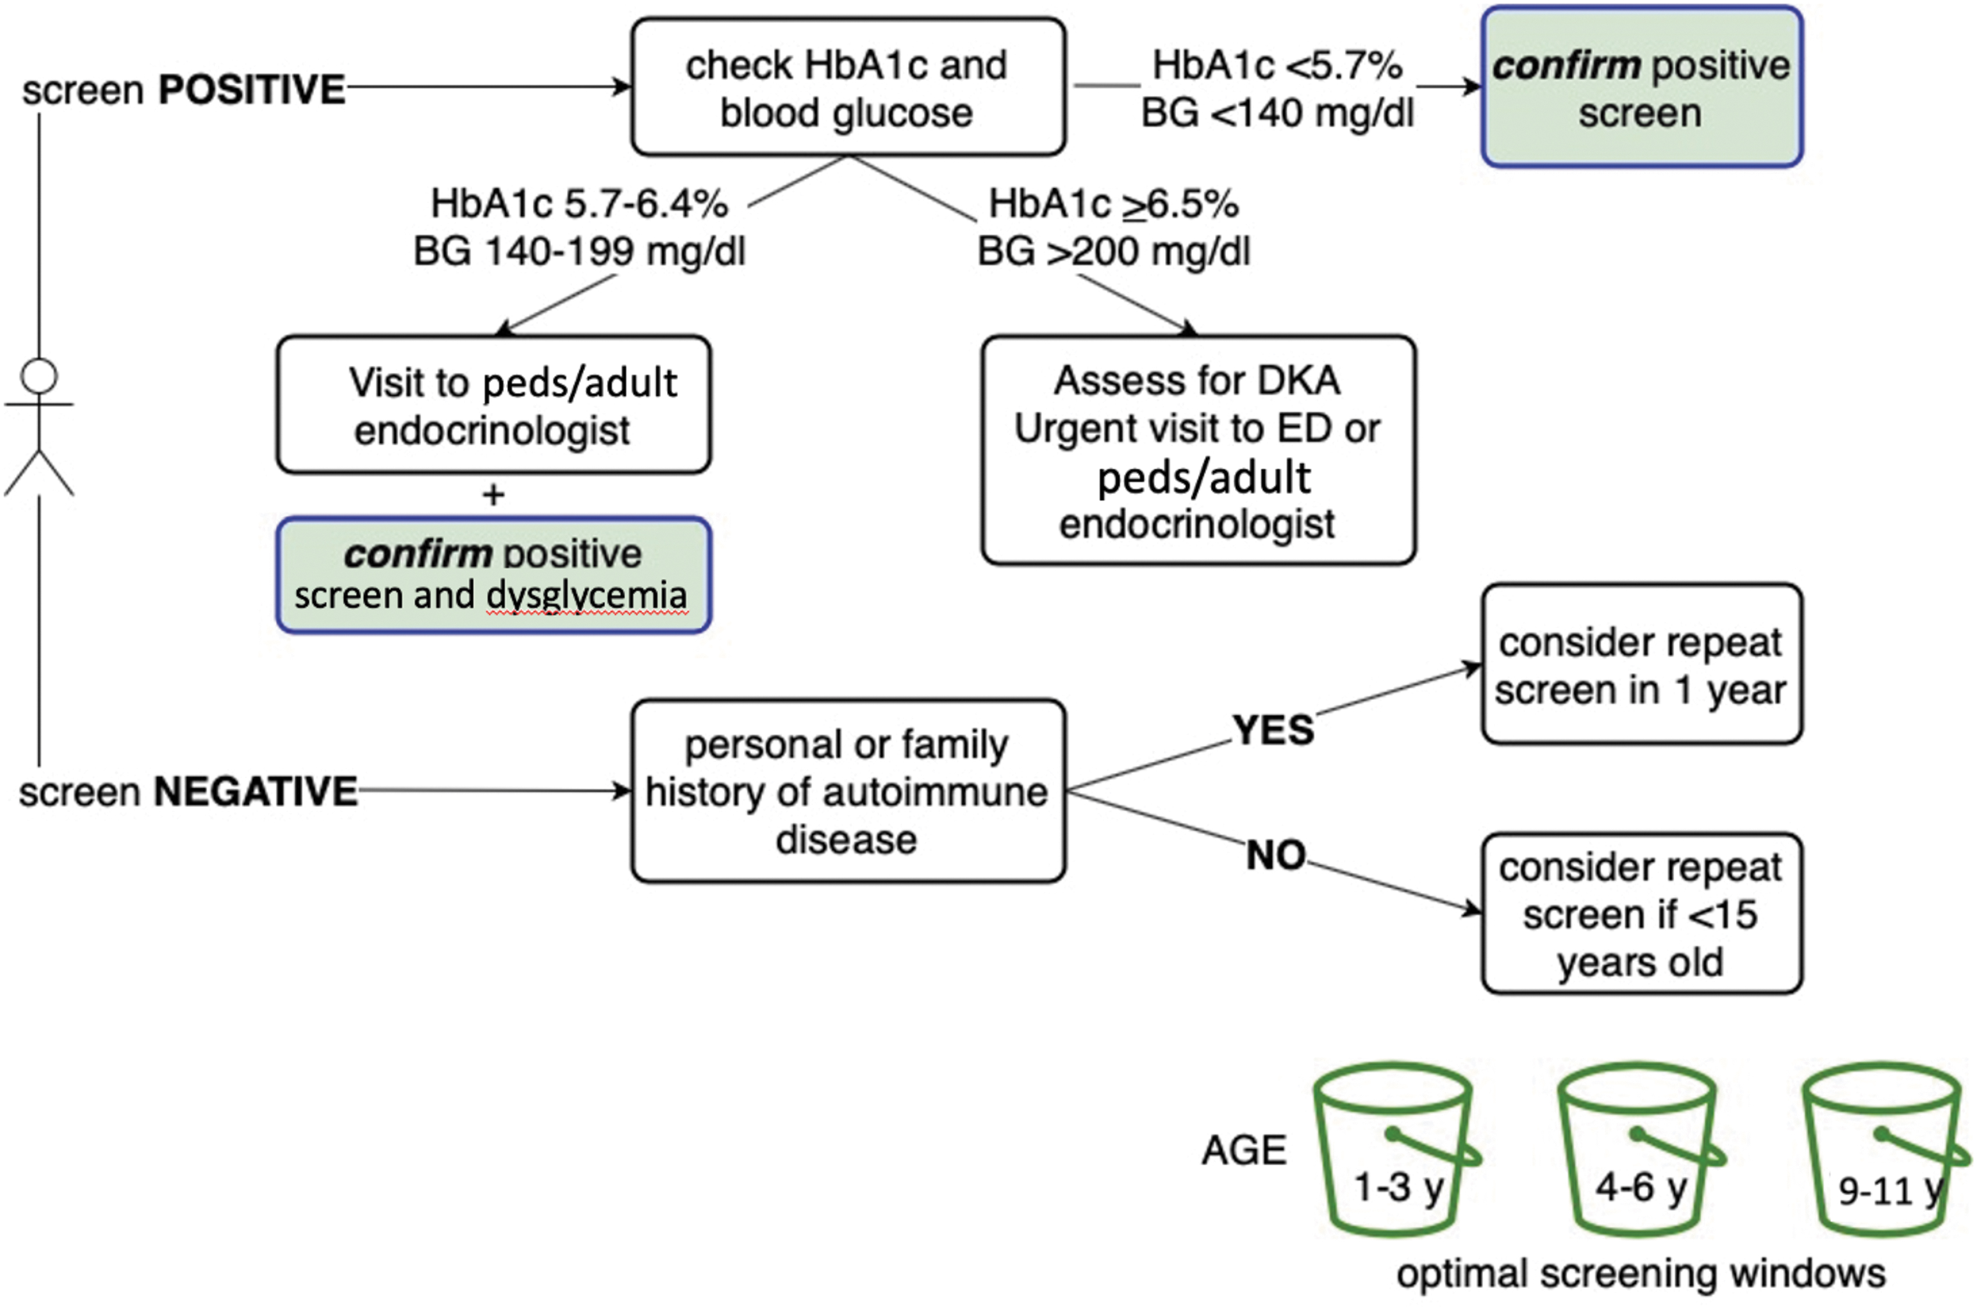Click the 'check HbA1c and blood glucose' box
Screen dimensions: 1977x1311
[x=848, y=87]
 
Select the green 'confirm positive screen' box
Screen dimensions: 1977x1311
[x=1641, y=87]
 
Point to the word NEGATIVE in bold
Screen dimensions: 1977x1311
[x=255, y=791]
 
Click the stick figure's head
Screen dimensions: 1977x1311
[x=40, y=376]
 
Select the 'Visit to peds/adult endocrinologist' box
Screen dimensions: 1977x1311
[x=494, y=405]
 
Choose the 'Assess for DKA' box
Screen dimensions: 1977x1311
[x=1198, y=451]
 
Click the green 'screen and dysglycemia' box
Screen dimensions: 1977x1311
[x=494, y=575]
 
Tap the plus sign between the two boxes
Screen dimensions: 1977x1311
[x=494, y=495]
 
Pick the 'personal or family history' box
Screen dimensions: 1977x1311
[x=848, y=791]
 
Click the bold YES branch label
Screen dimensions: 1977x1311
[x=1273, y=730]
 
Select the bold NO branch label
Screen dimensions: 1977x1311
[x=1275, y=855]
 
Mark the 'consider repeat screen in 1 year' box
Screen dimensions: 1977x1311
[x=1641, y=664]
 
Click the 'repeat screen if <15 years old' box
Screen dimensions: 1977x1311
[x=1641, y=913]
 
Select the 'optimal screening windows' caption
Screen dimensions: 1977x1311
[x=1641, y=1273]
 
